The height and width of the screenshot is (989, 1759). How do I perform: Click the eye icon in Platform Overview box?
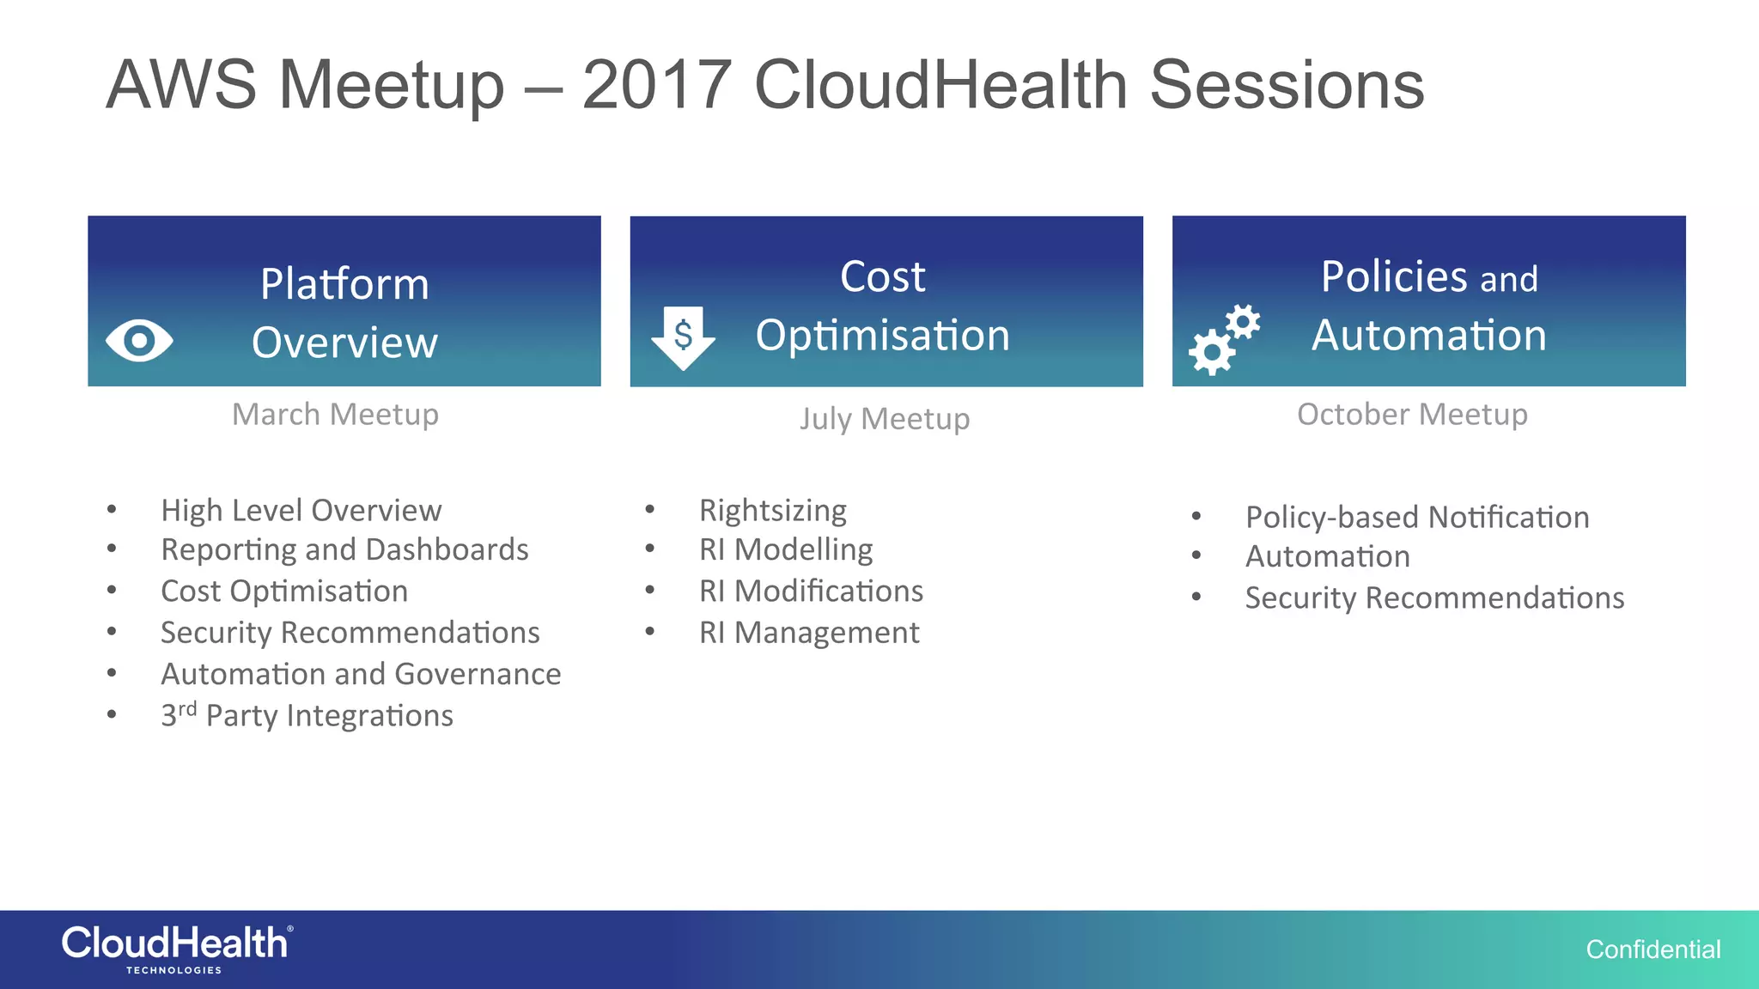139,341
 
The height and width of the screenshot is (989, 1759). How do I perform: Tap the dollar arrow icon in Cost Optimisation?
683,337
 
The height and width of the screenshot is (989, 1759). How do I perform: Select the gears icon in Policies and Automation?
1223,339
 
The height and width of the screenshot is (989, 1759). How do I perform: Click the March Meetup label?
335,415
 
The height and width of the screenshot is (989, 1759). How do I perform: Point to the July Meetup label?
885,419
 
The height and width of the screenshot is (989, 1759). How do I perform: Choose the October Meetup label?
1412,415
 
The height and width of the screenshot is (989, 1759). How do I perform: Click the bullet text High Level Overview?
301,511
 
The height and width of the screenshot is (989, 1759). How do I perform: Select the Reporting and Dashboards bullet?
344,550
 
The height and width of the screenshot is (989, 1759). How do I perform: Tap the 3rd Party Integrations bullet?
307,716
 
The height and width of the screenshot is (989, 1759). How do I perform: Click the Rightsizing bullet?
772,511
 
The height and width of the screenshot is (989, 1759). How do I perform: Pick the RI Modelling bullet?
785,550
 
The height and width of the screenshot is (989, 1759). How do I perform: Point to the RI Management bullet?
808,634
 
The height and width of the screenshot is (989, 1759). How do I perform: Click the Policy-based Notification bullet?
1417,518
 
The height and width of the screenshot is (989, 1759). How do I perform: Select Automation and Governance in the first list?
361,675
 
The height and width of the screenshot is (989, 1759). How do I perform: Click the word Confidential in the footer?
1652,950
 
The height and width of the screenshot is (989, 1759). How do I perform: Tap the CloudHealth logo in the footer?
177,948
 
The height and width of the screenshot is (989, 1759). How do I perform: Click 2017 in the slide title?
656,85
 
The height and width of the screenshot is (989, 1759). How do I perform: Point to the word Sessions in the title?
1287,85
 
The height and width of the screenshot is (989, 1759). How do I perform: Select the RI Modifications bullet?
811,592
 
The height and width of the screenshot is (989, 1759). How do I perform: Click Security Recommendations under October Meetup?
1434,598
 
